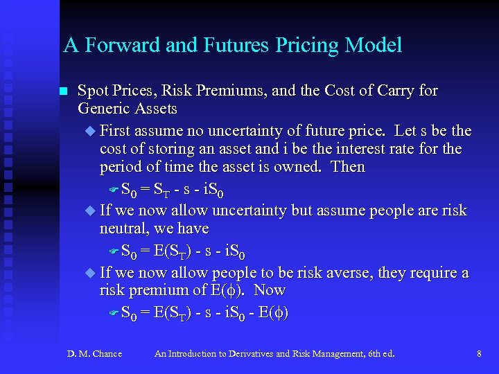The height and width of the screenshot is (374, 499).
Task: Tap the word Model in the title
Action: coord(371,46)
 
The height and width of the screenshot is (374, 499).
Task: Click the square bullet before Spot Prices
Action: coord(62,91)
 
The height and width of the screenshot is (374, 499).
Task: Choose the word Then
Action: coord(347,167)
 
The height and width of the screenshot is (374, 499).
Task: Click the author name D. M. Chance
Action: coord(94,354)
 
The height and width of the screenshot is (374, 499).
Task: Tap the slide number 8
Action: coord(479,354)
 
